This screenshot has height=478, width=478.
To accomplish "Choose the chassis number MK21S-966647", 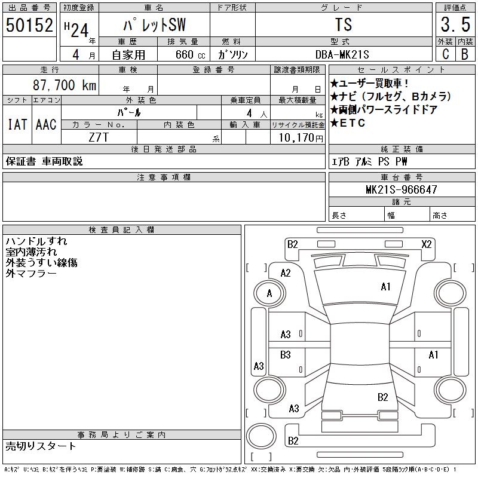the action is [402, 190].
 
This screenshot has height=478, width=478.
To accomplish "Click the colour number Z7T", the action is [99, 137].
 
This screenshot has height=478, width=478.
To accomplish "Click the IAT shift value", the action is [17, 124].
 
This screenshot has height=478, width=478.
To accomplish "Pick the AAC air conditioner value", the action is [46, 124].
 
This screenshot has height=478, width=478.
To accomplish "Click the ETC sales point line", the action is [347, 124].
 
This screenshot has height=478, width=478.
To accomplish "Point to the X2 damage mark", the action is [427, 244].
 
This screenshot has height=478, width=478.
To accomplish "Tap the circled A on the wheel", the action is [269, 293].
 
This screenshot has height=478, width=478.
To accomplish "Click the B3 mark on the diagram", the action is [286, 354].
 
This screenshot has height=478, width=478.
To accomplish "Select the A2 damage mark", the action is [286, 273].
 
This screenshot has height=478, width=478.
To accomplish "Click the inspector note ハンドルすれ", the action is [36, 241].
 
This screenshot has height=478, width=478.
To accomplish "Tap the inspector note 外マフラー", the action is [31, 273].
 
